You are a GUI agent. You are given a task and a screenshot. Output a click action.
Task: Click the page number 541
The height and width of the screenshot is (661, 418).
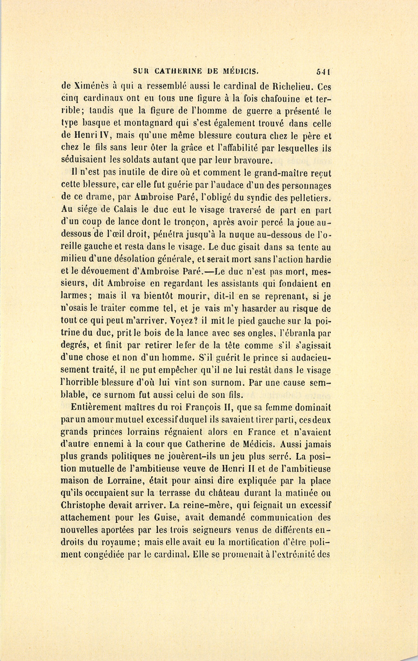[x=323, y=72]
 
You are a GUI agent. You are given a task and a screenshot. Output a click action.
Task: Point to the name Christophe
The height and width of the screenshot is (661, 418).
[x=83, y=505]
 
